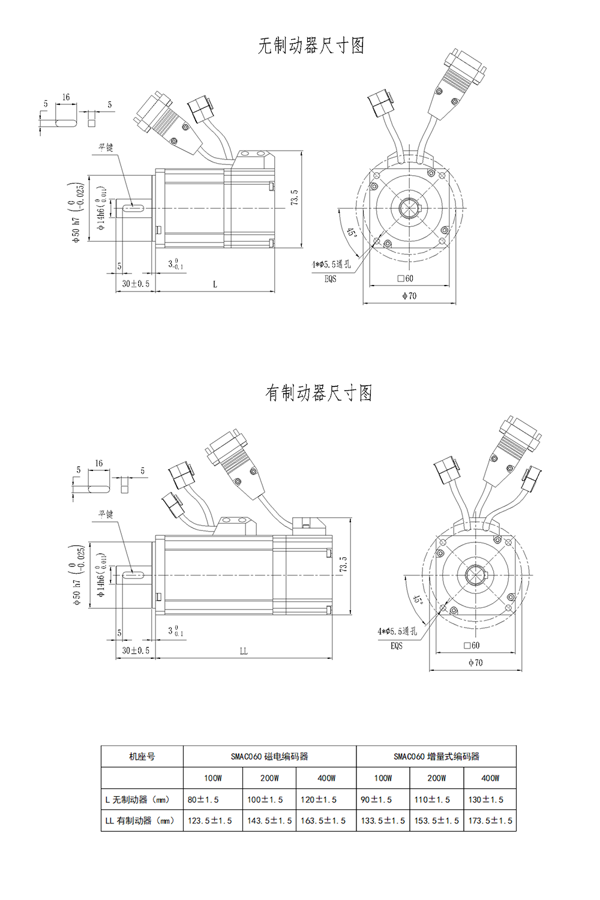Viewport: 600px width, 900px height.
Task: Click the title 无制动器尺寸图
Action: pyautogui.click(x=311, y=46)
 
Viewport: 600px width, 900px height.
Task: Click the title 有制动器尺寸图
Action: pyautogui.click(x=318, y=392)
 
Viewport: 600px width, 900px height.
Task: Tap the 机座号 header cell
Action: pyautogui.click(x=142, y=757)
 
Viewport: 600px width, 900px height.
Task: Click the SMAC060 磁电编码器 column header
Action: pyautogui.click(x=269, y=757)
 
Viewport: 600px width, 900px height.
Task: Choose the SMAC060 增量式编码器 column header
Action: pyautogui.click(x=436, y=757)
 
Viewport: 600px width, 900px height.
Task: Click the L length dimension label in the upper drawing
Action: pyautogui.click(x=215, y=284)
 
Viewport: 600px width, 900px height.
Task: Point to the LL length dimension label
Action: pyautogui.click(x=244, y=651)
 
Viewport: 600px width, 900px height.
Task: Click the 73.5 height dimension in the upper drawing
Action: pyautogui.click(x=295, y=198)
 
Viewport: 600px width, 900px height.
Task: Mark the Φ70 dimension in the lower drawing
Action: pyautogui.click(x=475, y=662)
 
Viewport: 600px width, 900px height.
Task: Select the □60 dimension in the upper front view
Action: pyautogui.click(x=405, y=278)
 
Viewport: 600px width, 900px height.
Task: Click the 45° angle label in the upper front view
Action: pyautogui.click(x=352, y=233)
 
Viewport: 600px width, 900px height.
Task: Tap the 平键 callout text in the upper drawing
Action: pyautogui.click(x=106, y=148)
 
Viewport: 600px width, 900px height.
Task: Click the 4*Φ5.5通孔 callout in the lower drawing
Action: pyautogui.click(x=397, y=631)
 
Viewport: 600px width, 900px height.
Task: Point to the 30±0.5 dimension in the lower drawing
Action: pyautogui.click(x=136, y=650)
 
